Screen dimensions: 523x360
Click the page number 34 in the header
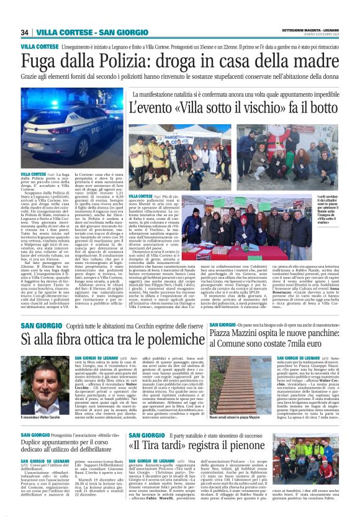click(x=25, y=32)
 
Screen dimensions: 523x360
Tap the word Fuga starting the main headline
click(x=43, y=61)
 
